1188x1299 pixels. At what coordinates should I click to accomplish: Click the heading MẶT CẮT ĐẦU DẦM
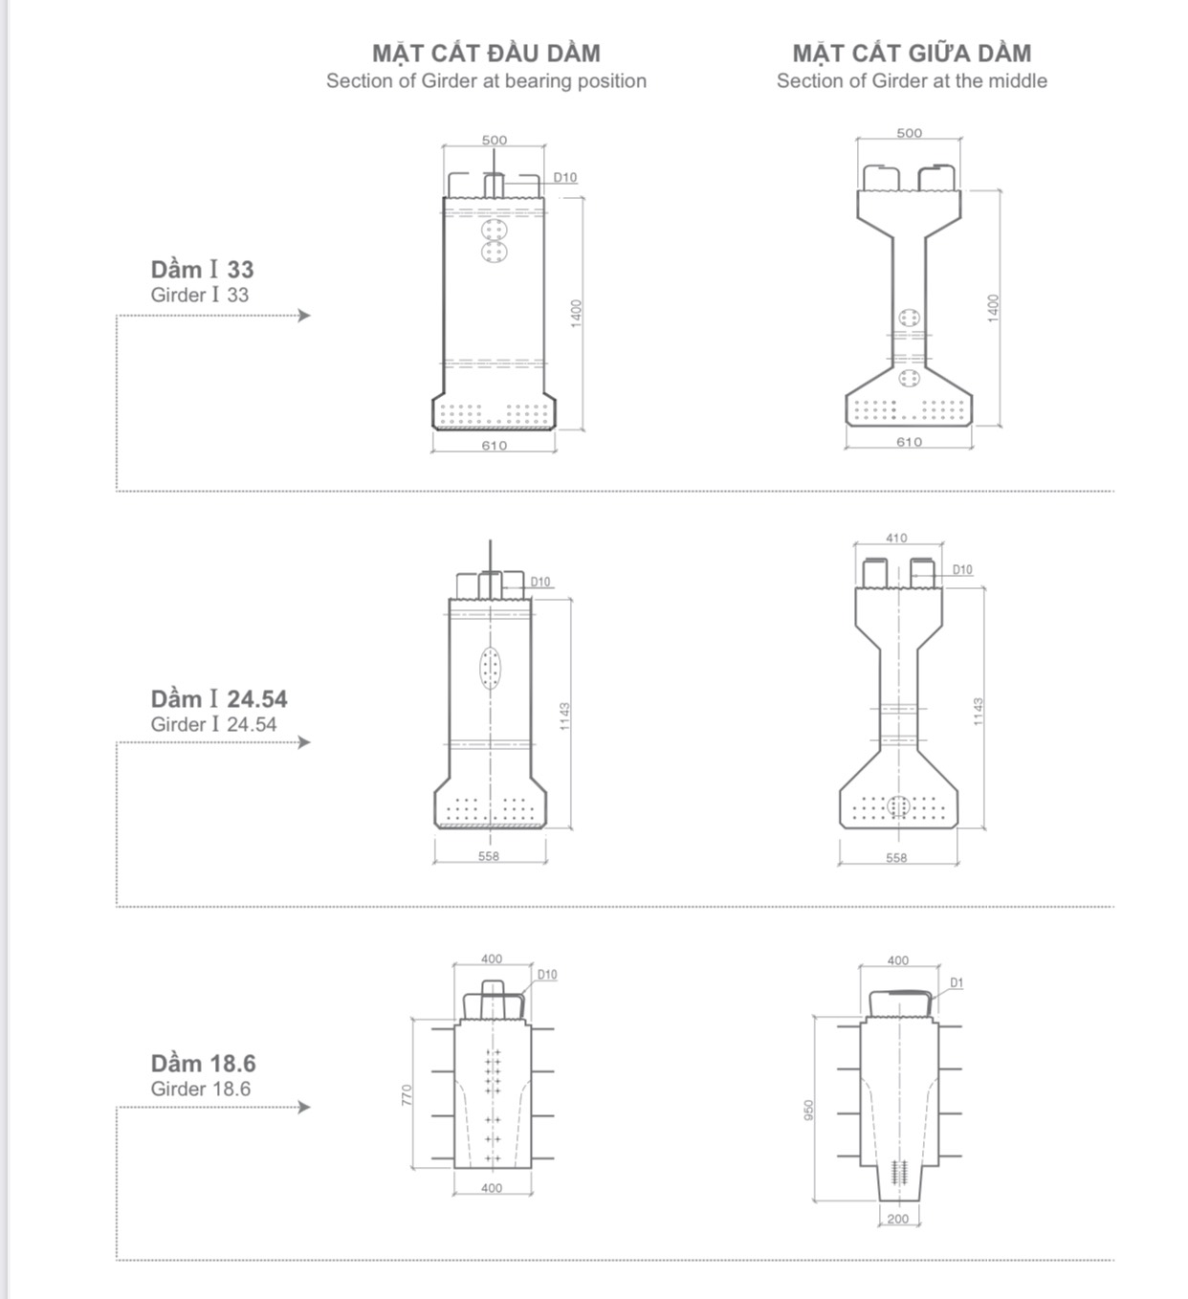coord(486,54)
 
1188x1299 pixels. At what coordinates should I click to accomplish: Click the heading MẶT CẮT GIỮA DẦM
coord(912,54)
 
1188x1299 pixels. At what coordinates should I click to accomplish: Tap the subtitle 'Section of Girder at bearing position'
coord(486,81)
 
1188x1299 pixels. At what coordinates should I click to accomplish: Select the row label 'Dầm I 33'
coord(202,270)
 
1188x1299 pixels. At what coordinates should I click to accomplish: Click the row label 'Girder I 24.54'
coord(213,724)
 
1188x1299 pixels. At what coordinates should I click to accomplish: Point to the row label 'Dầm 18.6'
coord(203,1064)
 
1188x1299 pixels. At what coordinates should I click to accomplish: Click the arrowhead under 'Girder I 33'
coord(304,316)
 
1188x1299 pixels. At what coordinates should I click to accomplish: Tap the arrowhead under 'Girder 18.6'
coord(304,1107)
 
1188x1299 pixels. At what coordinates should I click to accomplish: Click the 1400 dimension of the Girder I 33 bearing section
coord(576,314)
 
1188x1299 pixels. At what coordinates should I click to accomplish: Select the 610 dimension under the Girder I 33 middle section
coord(909,442)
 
